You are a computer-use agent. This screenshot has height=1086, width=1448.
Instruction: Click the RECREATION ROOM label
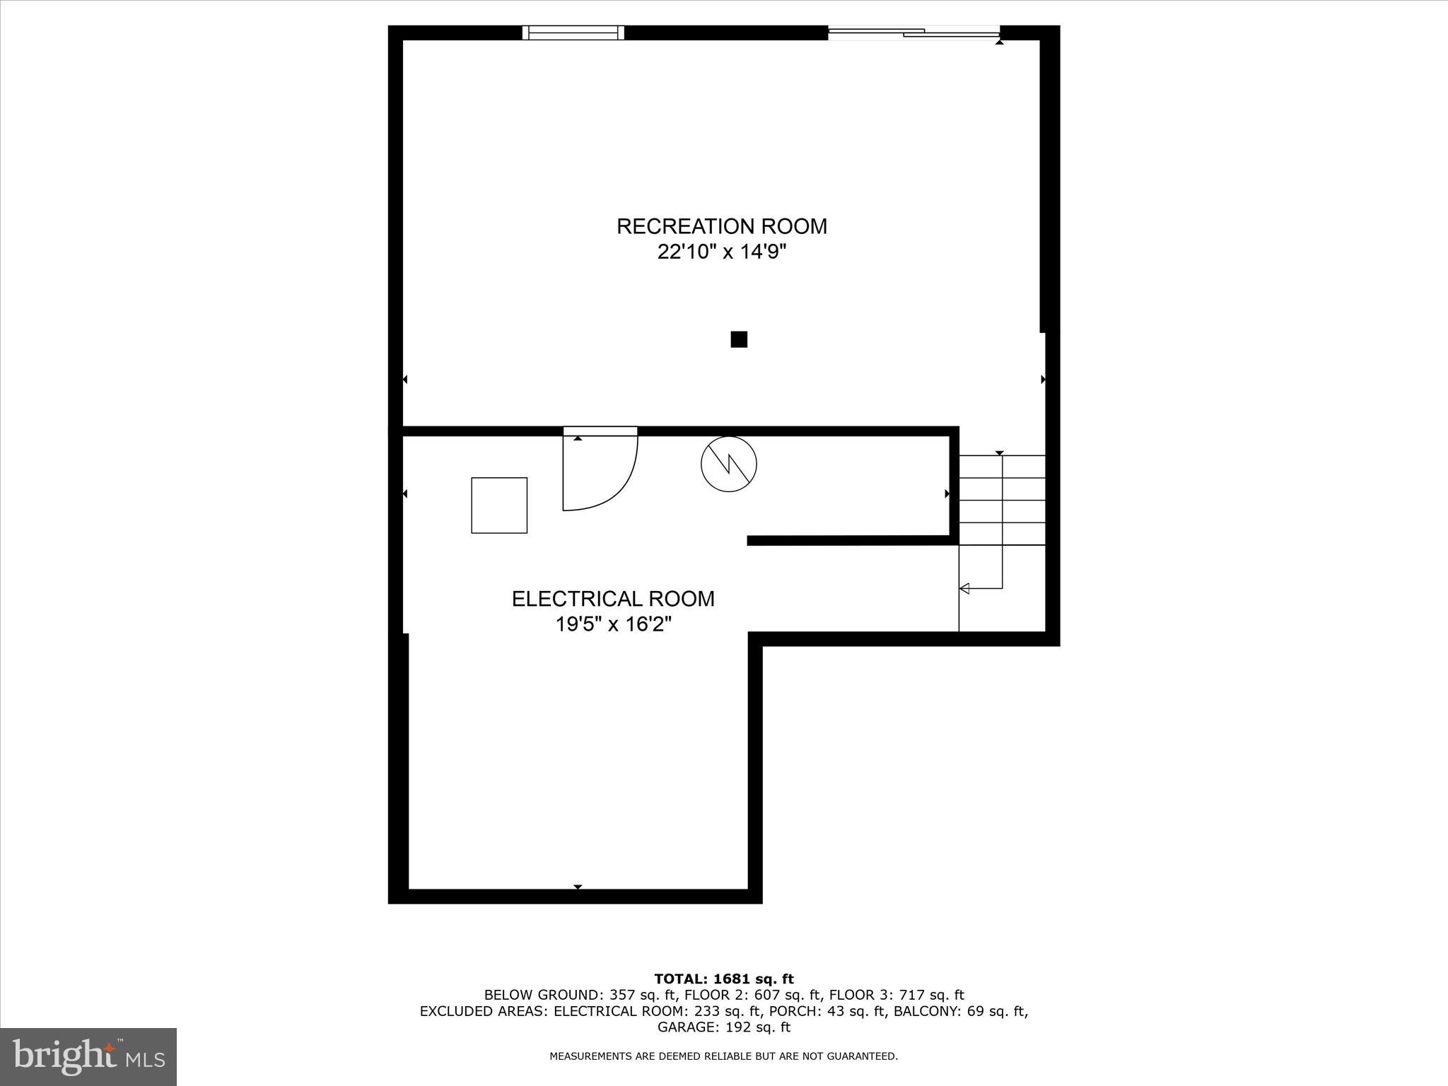click(721, 226)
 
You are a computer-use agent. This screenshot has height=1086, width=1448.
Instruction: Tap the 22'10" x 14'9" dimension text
click(721, 252)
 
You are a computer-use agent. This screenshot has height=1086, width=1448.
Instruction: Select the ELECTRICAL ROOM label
click(613, 599)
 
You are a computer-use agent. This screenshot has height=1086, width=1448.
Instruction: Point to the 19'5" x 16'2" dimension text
click(613, 625)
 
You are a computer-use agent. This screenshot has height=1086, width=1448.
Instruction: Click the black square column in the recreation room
click(739, 339)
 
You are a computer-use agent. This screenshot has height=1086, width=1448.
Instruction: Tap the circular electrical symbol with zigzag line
click(729, 465)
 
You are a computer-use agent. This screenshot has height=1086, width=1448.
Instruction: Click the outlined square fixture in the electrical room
click(499, 506)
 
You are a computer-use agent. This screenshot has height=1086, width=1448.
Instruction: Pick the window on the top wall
click(573, 33)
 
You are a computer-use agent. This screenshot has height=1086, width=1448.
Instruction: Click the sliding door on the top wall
click(913, 32)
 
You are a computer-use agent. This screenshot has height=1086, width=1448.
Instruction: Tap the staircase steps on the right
click(1002, 501)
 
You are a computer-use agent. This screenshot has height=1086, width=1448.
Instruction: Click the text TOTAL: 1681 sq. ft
click(724, 979)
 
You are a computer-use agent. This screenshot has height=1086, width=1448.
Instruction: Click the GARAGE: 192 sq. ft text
click(724, 1027)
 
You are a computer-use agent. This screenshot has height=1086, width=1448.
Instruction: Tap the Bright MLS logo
click(88, 1057)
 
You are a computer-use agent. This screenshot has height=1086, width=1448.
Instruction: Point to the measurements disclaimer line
click(724, 1056)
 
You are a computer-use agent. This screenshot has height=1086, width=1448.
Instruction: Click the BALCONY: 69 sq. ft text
click(960, 1011)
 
